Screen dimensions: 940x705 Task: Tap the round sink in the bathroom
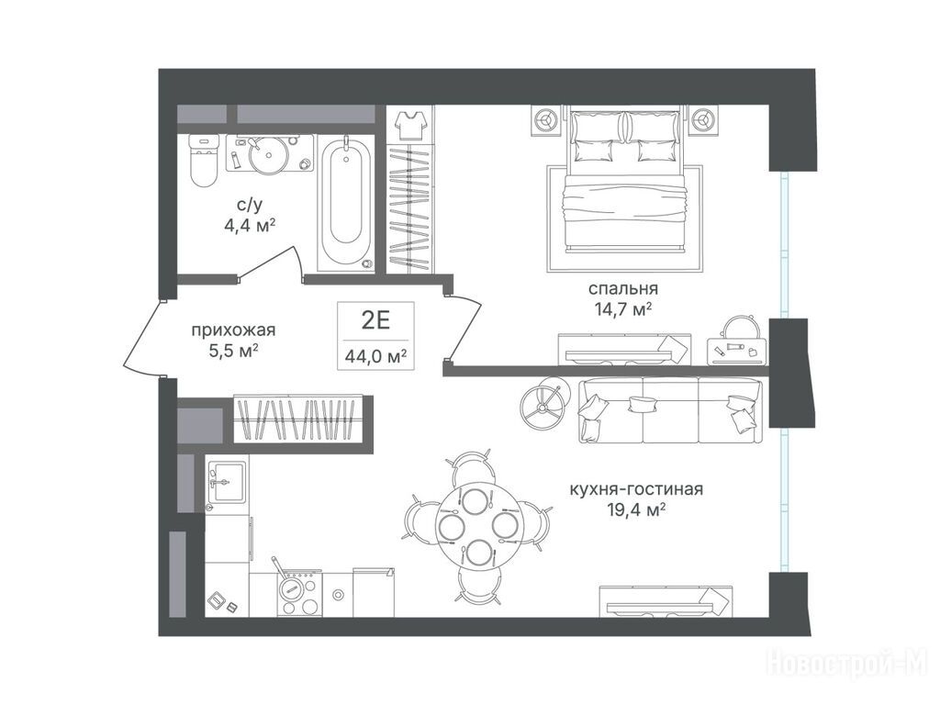point(269,154)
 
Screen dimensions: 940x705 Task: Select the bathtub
point(345,203)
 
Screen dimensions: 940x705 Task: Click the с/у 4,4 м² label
point(248,215)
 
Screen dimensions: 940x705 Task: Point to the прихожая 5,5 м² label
point(234,340)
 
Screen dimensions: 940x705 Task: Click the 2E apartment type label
point(375,320)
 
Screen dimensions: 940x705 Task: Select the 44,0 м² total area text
point(375,357)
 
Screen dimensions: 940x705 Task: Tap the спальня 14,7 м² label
point(623,298)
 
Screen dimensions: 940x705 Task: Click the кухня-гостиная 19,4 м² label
point(636,499)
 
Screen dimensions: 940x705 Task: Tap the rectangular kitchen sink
point(226,482)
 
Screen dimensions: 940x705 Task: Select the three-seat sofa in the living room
point(671,410)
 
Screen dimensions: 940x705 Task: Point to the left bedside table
point(547,120)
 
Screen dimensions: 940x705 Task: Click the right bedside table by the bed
point(702,120)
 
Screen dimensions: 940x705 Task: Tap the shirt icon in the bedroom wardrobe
point(411,125)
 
